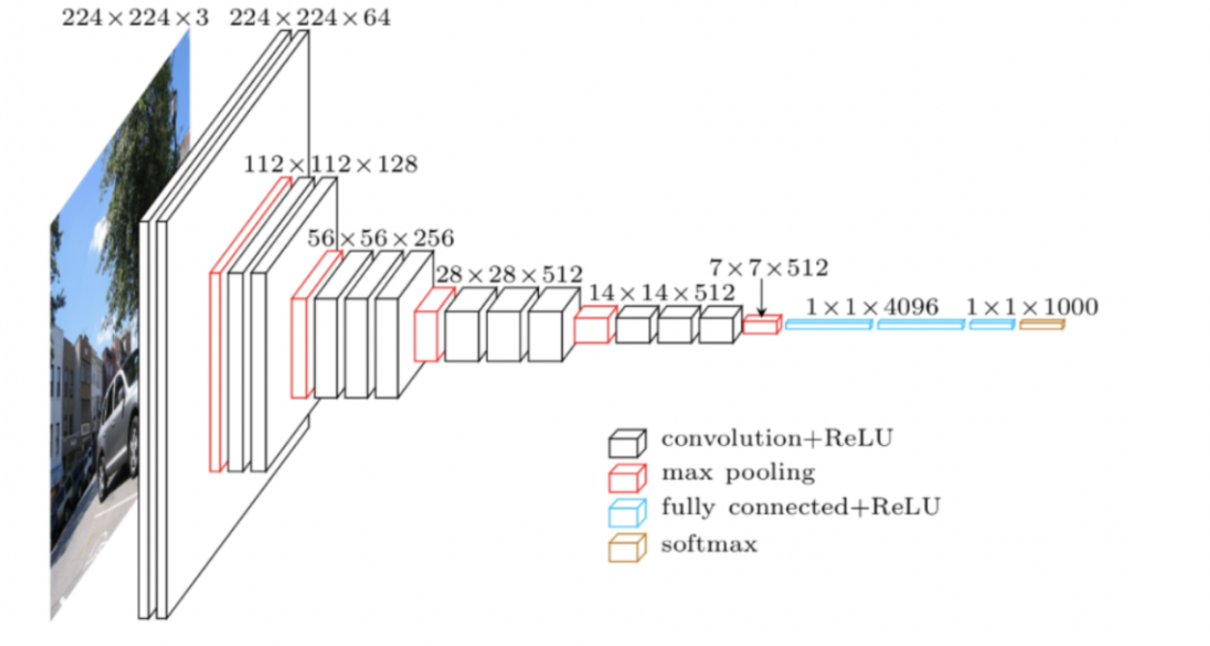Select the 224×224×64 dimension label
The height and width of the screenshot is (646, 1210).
click(x=310, y=18)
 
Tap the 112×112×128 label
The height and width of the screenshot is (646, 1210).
click(x=330, y=164)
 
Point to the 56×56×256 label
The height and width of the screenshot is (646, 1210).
click(x=380, y=238)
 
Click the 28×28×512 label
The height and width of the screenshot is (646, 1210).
click(x=510, y=274)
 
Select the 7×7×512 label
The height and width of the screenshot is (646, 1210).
click(x=769, y=268)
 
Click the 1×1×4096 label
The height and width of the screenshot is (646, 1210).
click(x=872, y=307)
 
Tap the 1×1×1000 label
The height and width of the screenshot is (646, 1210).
click(x=1032, y=307)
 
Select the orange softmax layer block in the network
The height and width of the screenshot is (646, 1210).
click(x=1042, y=325)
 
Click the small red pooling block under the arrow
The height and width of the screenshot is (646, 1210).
click(x=761, y=325)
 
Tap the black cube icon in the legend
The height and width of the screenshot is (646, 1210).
click(x=626, y=443)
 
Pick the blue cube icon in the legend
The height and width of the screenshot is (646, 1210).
click(x=626, y=513)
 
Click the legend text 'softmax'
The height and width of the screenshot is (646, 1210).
click(x=709, y=545)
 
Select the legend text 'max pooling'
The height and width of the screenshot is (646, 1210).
click(x=738, y=473)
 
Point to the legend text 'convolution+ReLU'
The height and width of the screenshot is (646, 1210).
click(x=777, y=438)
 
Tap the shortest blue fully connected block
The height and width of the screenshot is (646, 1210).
click(x=992, y=325)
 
